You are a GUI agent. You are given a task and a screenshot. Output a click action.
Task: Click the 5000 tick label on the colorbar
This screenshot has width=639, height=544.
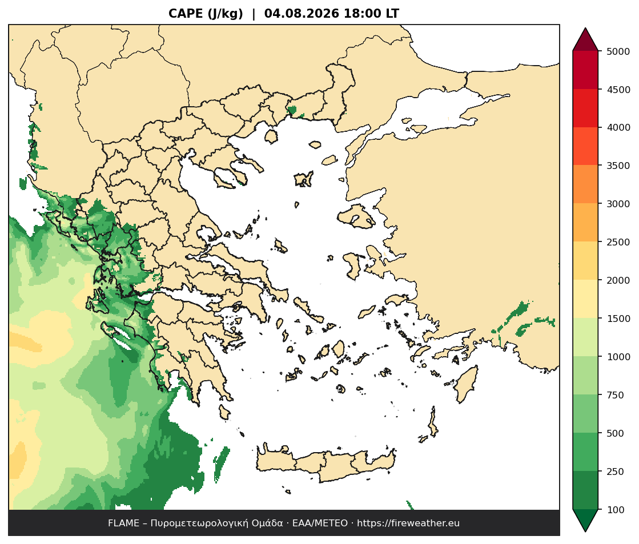click(618, 51)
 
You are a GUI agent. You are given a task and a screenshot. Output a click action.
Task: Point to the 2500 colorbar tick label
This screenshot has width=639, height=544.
click(618, 242)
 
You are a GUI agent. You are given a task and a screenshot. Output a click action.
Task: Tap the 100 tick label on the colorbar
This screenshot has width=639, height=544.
click(616, 510)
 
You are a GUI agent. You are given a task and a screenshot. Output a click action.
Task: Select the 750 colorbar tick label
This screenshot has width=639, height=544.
click(616, 395)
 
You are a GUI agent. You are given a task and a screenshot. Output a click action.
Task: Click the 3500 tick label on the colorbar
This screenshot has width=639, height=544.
click(618, 166)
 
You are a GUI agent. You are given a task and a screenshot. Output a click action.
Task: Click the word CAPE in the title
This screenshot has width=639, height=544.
click(186, 14)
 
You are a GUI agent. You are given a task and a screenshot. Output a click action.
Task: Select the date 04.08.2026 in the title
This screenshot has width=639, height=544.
click(301, 14)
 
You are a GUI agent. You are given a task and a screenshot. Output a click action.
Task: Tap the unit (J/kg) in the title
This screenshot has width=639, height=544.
click(225, 14)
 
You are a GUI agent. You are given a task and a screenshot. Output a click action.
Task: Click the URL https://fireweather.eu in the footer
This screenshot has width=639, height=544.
click(408, 523)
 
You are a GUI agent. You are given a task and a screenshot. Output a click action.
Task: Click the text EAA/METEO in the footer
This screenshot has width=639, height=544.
click(320, 523)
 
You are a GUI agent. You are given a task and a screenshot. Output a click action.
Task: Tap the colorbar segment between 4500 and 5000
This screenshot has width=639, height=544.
click(586, 70)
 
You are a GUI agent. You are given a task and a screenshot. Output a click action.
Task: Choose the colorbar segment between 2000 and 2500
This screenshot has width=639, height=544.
click(586, 261)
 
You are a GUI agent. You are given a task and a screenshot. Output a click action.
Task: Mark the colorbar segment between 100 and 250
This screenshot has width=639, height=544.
click(586, 490)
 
